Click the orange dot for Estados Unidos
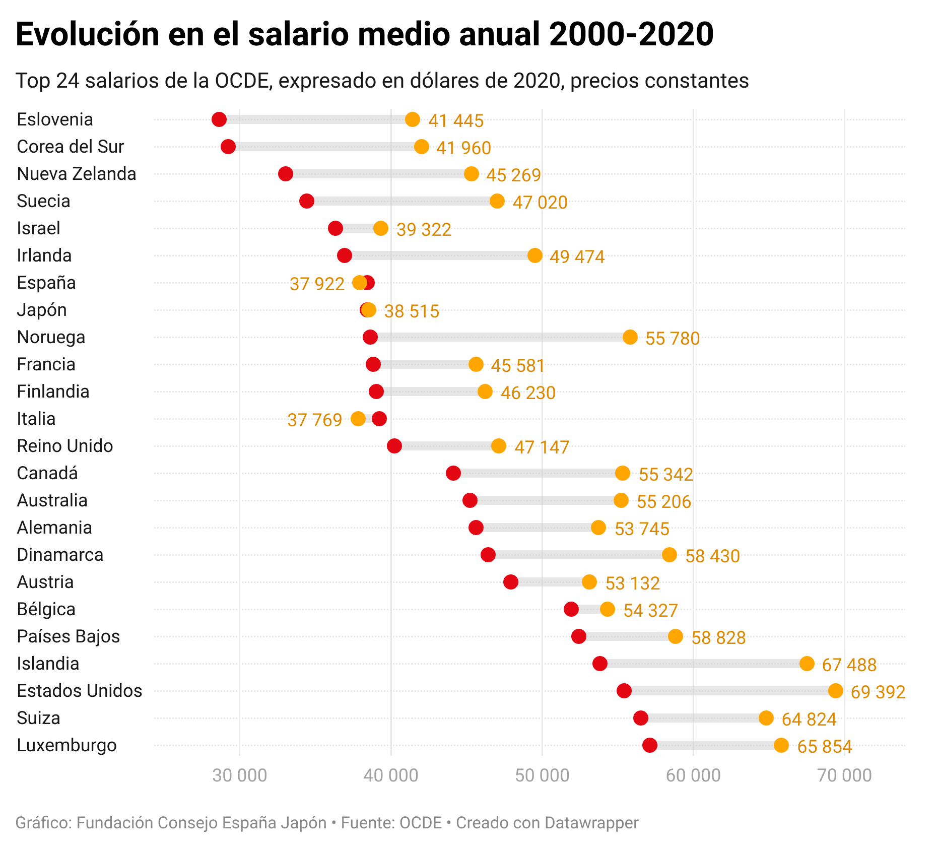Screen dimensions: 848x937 pos(835,691)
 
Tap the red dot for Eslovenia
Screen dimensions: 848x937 pos(219,119)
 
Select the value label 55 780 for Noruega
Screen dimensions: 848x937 pos(673,338)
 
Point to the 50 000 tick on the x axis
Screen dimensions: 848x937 pos(542,775)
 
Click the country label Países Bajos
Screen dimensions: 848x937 pos(69,636)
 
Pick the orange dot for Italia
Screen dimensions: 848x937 pos(358,419)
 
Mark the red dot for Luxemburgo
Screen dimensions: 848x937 pos(650,745)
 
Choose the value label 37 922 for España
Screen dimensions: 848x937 pos(317,284)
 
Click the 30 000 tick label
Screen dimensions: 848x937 pos(240,775)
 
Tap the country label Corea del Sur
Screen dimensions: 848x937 pos(71,147)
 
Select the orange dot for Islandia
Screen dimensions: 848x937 pos(807,664)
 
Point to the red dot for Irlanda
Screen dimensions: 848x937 pos(345,255)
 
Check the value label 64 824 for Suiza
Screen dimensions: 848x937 pos(809,719)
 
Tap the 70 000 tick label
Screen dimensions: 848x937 pos(844,775)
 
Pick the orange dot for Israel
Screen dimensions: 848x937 pos(381,228)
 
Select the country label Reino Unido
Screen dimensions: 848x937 pos(65,446)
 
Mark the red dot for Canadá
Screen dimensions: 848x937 pos(453,473)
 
